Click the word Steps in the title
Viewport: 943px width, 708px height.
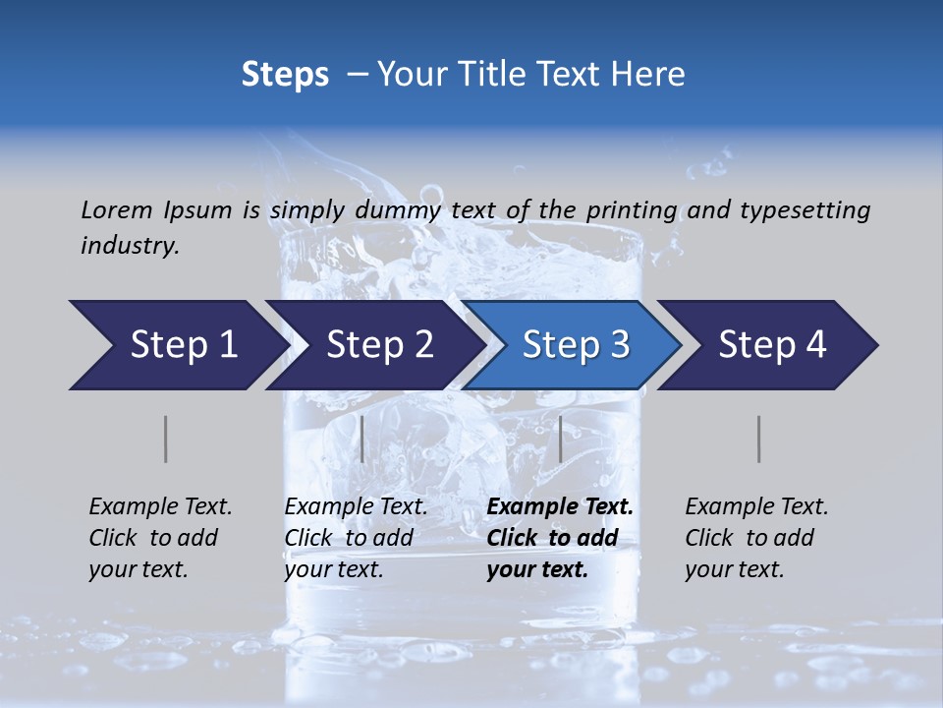click(285, 75)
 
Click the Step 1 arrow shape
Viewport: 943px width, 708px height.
click(177, 345)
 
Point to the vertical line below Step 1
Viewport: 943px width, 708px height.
click(165, 439)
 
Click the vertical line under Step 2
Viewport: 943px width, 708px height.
click(362, 439)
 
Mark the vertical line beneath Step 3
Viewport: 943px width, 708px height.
click(560, 439)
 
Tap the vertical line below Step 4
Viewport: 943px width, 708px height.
click(758, 439)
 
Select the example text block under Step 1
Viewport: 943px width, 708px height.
click(160, 538)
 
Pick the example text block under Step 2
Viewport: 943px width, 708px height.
click(356, 538)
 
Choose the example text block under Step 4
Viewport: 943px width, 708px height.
click(756, 538)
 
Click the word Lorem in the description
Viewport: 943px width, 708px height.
click(117, 209)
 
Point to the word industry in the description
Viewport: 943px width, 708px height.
click(130, 246)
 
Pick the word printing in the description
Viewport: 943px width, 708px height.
click(632, 210)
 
